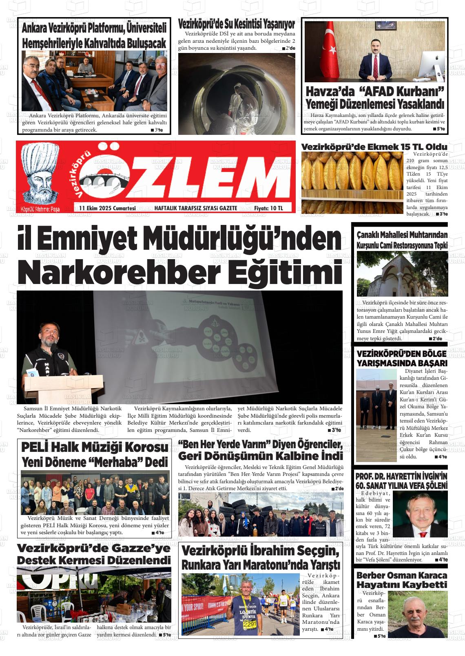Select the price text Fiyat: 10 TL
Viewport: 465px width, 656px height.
tap(268, 208)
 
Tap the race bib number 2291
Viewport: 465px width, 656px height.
tap(249, 625)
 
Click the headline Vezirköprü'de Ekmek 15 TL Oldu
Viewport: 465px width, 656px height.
tap(374, 147)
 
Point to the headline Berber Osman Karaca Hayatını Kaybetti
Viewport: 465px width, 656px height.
tap(401, 580)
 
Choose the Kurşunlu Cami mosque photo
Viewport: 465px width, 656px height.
tap(402, 273)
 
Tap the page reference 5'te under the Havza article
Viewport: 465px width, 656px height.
tap(439, 129)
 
